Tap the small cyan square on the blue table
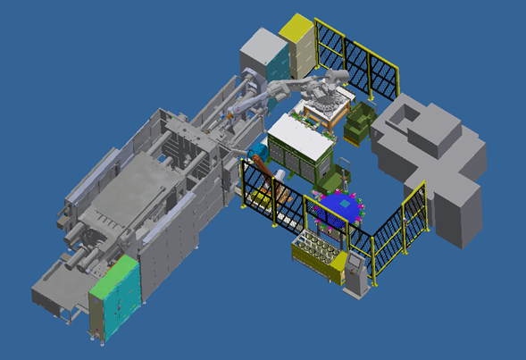click(x=341, y=205)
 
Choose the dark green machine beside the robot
click(x=361, y=121)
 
